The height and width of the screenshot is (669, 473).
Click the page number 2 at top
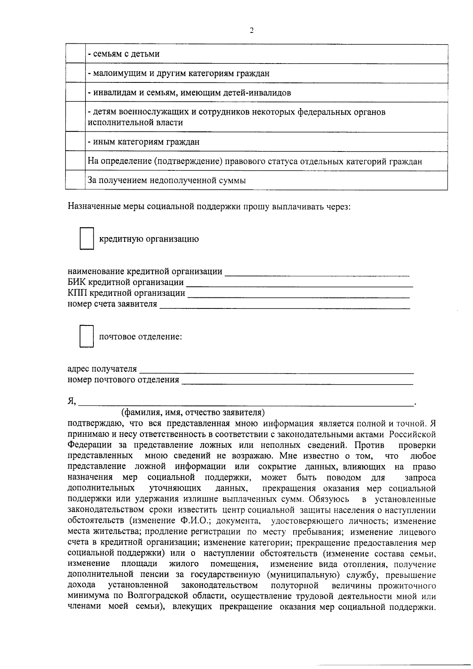pos(251,31)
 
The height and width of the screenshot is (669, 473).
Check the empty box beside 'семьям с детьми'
pos(75,54)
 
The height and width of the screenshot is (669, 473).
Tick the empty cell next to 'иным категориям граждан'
pos(75,142)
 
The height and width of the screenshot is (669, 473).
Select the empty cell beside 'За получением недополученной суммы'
pos(75,181)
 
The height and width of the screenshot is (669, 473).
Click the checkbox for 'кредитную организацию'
pos(87,238)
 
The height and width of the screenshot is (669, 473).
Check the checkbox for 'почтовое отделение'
pos(87,336)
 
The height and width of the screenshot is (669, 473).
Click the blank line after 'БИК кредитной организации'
pos(300,283)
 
